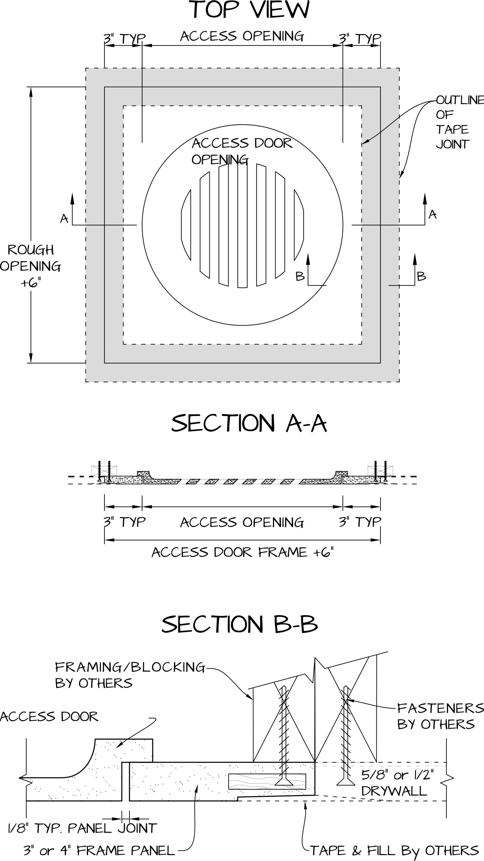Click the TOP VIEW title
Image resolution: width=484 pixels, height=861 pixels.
[x=250, y=10]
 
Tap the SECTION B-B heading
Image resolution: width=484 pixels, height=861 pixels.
[x=240, y=624]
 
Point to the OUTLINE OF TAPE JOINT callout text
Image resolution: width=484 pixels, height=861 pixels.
[x=459, y=122]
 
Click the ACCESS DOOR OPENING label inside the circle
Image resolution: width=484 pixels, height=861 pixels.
[x=242, y=151]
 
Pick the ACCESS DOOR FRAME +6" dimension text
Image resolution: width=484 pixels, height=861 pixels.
[x=242, y=552]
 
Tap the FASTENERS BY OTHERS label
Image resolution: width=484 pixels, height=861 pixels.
[x=441, y=716]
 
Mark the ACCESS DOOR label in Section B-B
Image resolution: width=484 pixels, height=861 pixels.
[x=49, y=716]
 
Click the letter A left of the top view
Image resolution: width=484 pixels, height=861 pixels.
[x=64, y=219]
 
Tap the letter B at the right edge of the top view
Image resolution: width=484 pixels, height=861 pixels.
[x=421, y=276]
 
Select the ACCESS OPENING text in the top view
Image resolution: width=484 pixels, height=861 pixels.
[x=242, y=36]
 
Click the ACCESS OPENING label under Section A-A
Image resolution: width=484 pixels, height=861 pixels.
[x=242, y=522]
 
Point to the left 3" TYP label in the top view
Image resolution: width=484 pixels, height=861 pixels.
[x=125, y=39]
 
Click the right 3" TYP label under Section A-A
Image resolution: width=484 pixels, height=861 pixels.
[x=360, y=522]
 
